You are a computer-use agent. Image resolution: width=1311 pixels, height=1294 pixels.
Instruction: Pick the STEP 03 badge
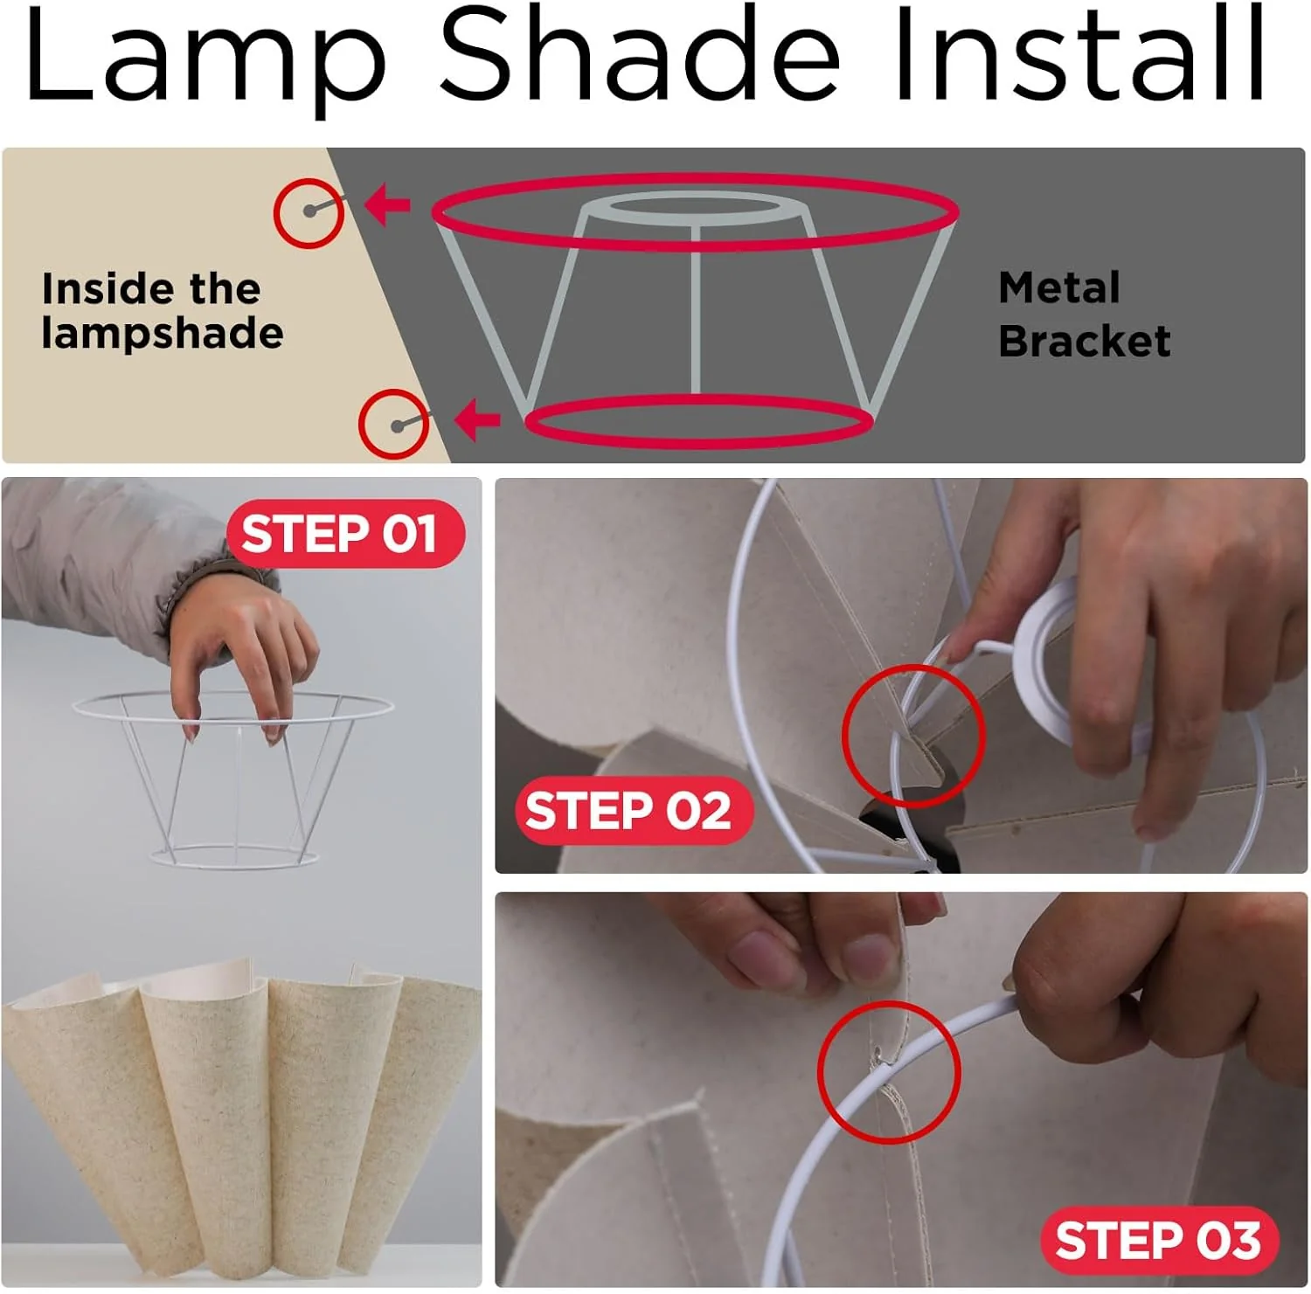[x=1158, y=1239]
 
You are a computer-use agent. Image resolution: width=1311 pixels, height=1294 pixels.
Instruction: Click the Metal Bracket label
[x=1083, y=315]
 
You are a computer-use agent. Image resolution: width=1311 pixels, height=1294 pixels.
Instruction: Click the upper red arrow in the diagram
[x=387, y=206]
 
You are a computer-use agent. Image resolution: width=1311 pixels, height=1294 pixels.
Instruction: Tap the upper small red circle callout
[x=308, y=212]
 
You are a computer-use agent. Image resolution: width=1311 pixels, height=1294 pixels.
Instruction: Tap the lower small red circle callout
[x=394, y=424]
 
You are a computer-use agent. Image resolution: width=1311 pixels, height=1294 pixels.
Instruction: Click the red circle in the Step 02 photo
[x=913, y=735]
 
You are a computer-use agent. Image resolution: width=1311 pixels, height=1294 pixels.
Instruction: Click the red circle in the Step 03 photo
[x=889, y=1072]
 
